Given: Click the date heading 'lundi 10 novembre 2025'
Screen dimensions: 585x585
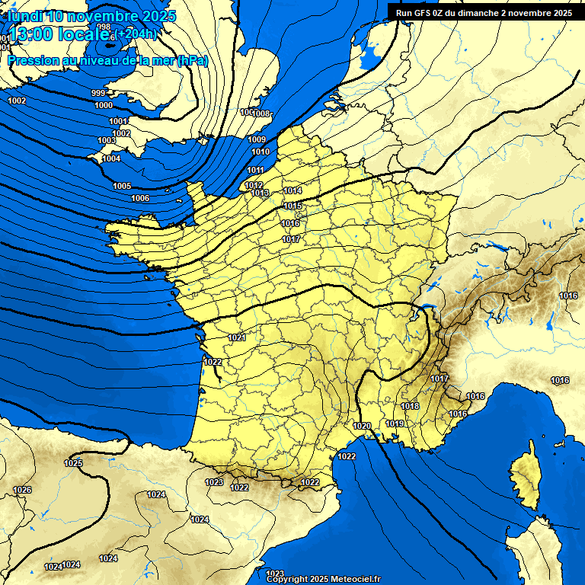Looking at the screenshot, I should tap(91, 16).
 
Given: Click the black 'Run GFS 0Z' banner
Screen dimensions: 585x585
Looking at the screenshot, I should tap(484, 12).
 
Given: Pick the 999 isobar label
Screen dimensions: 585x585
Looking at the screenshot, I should tap(98, 93).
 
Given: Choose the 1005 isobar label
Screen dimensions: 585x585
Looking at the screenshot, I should tap(122, 186).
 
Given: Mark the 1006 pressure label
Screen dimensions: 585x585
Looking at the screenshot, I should tap(140, 198).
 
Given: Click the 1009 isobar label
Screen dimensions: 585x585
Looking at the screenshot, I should tap(257, 139).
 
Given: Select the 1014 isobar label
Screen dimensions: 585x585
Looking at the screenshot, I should tap(292, 190).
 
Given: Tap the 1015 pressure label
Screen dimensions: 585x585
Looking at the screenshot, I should tap(292, 206).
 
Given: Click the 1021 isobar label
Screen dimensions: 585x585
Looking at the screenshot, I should tap(237, 337).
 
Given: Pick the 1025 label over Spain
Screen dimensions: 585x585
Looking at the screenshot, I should tap(73, 463).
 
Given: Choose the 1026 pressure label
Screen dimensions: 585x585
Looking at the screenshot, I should tap(22, 490).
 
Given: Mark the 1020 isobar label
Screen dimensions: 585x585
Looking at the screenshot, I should tap(363, 426).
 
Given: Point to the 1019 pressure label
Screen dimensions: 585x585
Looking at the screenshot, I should tap(395, 424).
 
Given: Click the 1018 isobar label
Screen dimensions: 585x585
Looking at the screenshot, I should tap(411, 406).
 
